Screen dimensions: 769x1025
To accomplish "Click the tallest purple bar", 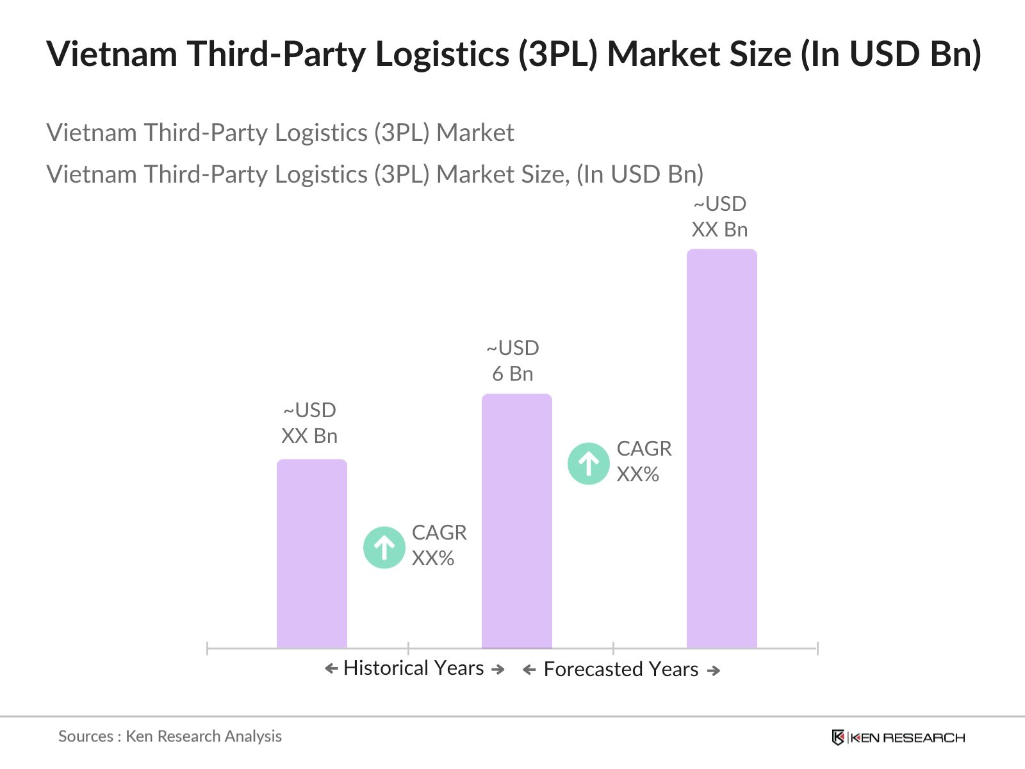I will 721,449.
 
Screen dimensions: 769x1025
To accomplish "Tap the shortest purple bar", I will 311,554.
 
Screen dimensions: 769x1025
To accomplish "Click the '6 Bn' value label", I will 512,374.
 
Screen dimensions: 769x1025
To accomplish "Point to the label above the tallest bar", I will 719,217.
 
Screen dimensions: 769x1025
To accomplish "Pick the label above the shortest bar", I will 309,423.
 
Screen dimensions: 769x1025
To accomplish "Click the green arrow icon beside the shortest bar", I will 384,547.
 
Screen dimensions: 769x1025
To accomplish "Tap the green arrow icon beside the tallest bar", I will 588,463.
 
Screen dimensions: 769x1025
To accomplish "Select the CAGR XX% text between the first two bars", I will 439,545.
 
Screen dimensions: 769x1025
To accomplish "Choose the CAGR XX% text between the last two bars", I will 644,461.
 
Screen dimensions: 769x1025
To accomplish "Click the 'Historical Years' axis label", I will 413,668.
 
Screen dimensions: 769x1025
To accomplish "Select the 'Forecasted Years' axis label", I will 621,669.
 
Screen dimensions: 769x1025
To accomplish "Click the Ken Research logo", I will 898,738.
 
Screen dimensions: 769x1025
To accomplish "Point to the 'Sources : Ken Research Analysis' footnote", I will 170,736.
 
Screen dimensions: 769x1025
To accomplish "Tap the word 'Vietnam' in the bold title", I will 112,54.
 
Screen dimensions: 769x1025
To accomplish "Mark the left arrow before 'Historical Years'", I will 331,669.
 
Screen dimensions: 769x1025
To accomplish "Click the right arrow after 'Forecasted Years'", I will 714,670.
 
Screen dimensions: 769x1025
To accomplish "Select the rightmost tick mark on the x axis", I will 817,648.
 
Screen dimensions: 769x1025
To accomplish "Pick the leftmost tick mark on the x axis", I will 208,648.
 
